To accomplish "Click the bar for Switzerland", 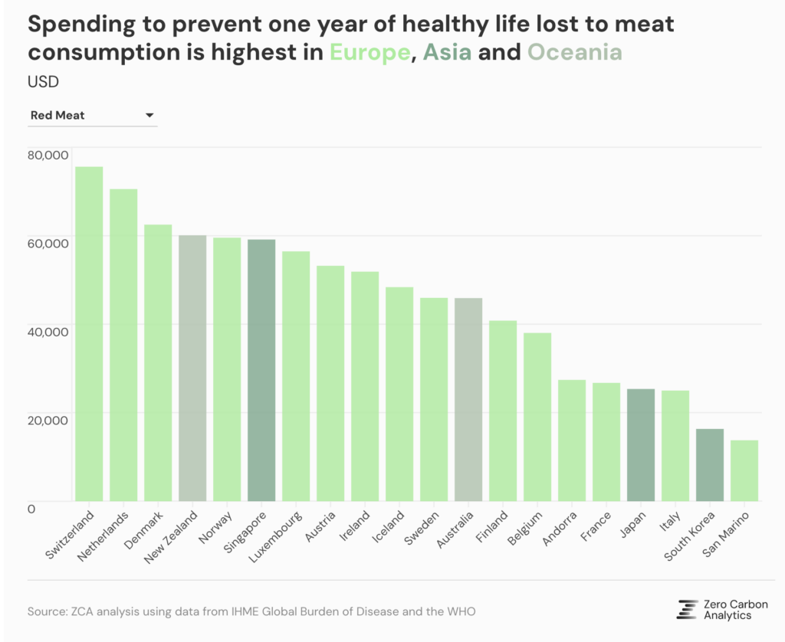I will (x=89, y=334).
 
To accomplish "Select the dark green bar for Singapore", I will (x=261, y=371).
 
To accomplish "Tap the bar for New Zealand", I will (x=192, y=368).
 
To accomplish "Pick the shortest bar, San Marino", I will (x=744, y=471).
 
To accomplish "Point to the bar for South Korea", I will (x=709, y=465).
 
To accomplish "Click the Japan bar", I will (x=640, y=445).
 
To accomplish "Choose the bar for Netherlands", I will (x=123, y=345).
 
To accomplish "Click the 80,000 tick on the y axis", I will (x=48, y=156).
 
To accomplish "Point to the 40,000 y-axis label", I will (x=48, y=332).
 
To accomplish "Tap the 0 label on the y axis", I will (x=31, y=509).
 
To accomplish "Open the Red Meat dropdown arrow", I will (x=149, y=116).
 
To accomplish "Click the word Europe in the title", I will (x=370, y=52).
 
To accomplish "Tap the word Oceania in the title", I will (x=575, y=52).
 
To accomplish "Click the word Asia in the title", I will (x=448, y=52).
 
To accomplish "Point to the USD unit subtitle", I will (x=43, y=81).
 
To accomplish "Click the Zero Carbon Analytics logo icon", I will (x=687, y=609).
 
